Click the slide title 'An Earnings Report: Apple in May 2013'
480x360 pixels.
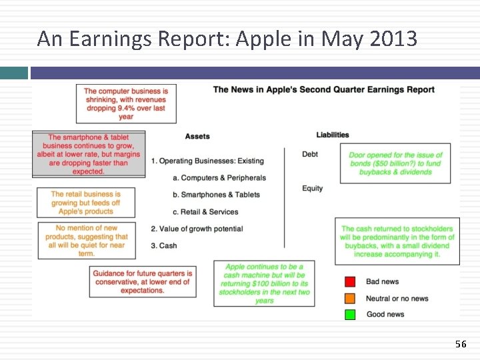[x=227, y=39]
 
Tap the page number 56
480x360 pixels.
[x=461, y=344]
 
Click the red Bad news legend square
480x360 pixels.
[x=350, y=282]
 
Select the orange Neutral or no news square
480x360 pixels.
[x=350, y=298]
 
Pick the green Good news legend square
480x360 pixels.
[x=350, y=314]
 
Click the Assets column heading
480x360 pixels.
[x=197, y=136]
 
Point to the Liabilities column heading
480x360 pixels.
[x=333, y=135]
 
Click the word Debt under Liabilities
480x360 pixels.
[x=310, y=154]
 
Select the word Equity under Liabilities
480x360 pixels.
[x=312, y=188]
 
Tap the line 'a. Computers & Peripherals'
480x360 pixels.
[x=219, y=178]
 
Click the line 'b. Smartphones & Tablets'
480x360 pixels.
[x=216, y=195]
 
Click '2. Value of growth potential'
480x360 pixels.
[x=197, y=229]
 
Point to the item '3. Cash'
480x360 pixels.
[x=164, y=245]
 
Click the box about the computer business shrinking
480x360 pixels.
[x=126, y=104]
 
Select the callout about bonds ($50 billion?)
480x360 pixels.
[x=395, y=163]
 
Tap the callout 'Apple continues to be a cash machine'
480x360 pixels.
[x=264, y=283]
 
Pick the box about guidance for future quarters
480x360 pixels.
[x=143, y=282]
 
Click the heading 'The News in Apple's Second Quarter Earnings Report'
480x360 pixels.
[x=323, y=90]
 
